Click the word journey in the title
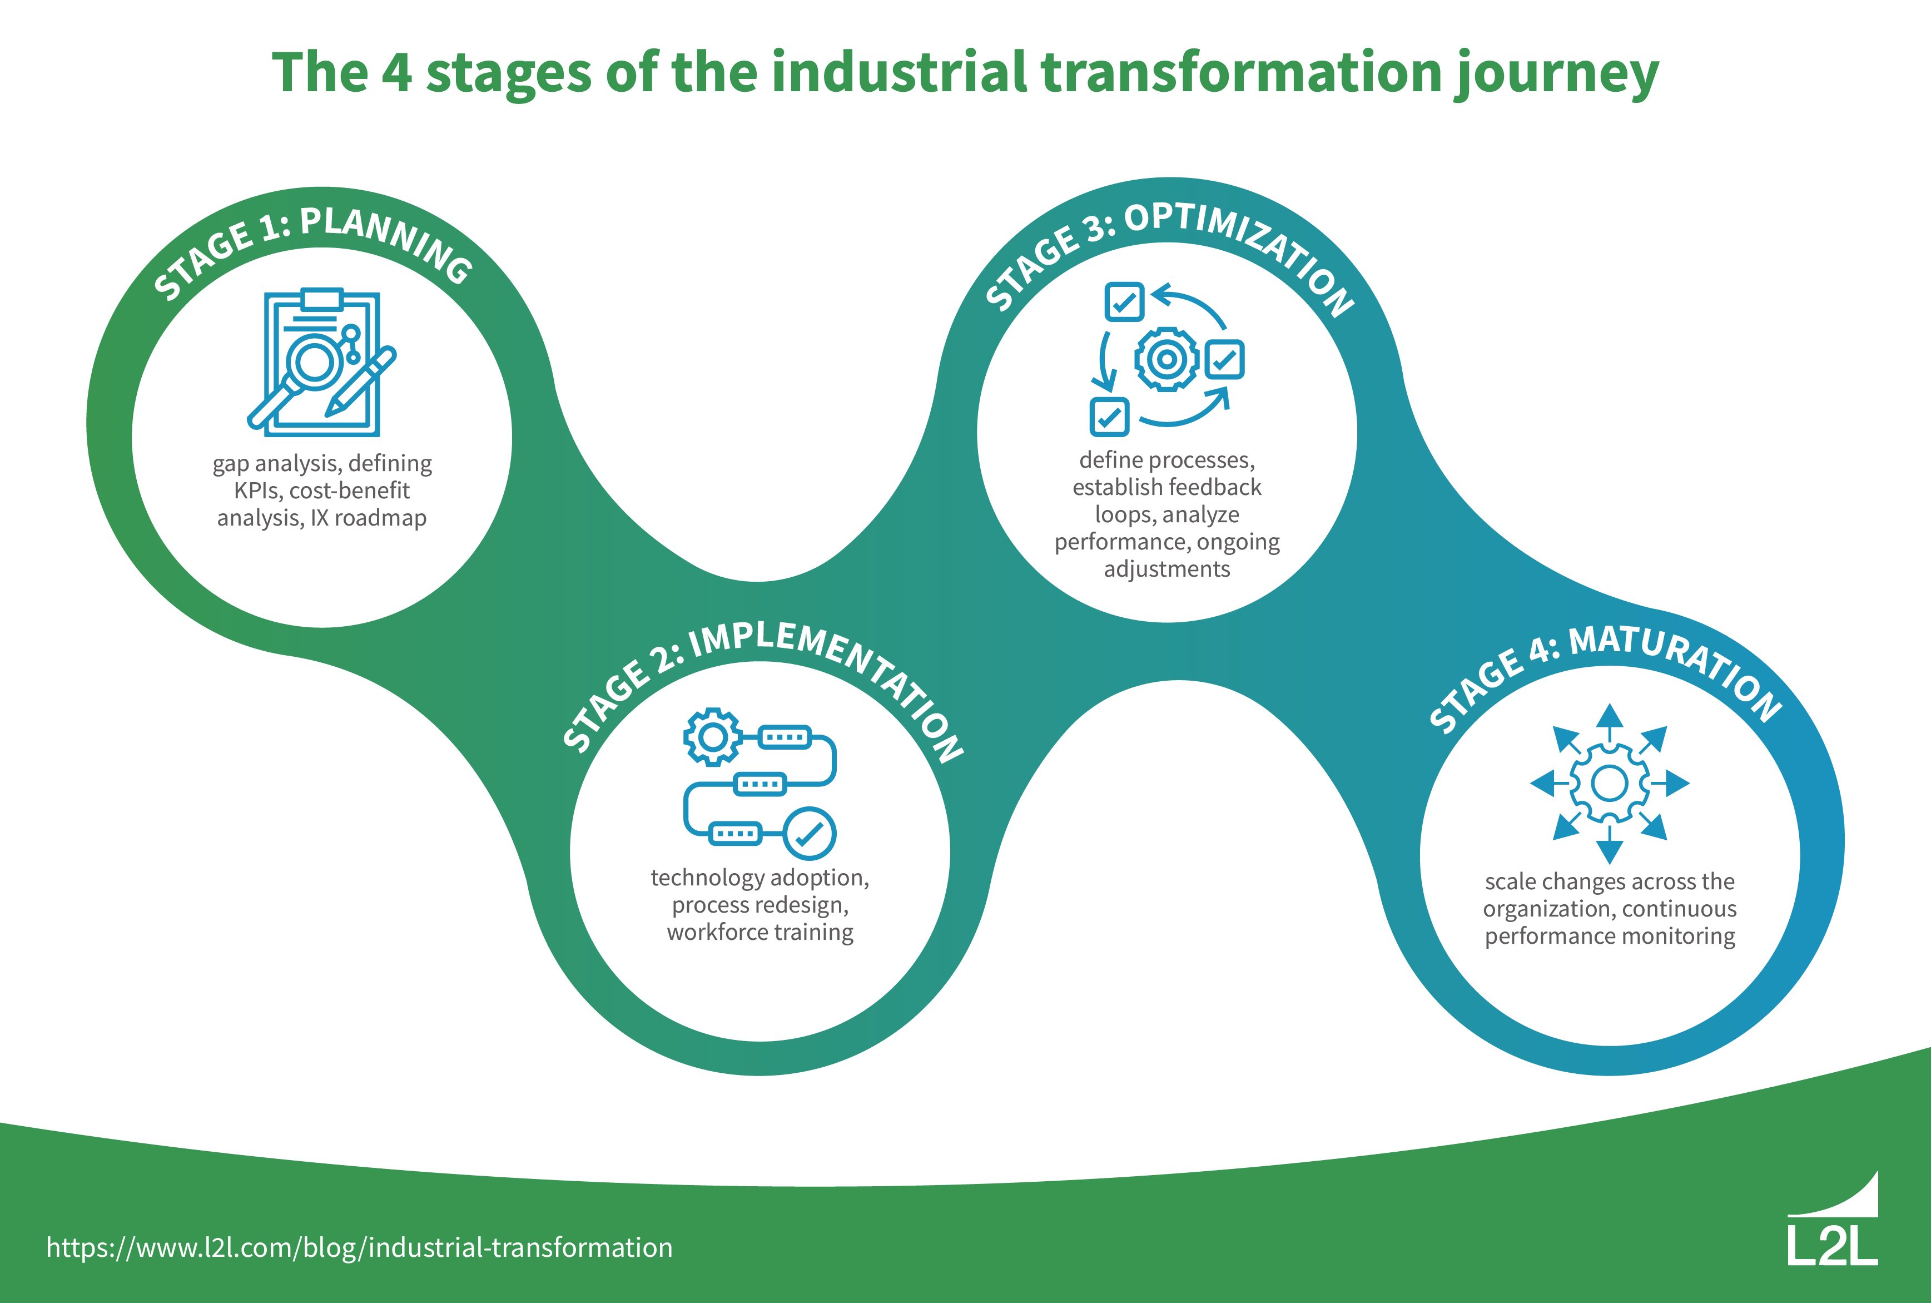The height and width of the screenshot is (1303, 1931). (x=1556, y=73)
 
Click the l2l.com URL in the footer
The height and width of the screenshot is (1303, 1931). (x=359, y=1247)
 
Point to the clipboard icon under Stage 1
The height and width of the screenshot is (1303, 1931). (x=321, y=363)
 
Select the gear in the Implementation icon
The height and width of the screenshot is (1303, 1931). (x=712, y=736)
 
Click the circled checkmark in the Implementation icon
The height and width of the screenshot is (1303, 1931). (x=810, y=834)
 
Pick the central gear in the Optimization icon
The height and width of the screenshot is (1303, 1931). (x=1166, y=359)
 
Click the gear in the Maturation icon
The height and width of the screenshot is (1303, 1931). (x=1610, y=783)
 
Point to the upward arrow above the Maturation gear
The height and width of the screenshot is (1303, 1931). (x=1610, y=719)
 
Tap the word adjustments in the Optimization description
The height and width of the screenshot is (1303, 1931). (x=1166, y=569)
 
